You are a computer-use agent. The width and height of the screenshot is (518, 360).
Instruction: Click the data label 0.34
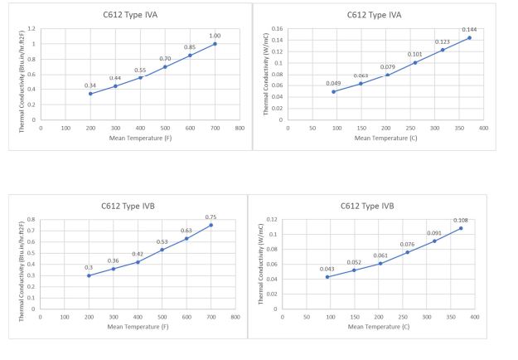pos(90,85)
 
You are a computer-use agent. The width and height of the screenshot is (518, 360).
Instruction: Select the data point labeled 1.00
pos(215,43)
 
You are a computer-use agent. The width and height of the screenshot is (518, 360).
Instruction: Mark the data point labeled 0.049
pos(334,91)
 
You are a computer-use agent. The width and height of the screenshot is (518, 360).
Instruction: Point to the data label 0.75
pos(211,217)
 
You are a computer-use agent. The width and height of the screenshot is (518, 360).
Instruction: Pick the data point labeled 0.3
pos(89,275)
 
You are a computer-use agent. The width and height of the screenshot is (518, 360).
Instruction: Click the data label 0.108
pos(461,221)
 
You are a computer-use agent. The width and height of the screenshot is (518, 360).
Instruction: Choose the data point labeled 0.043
pos(327,277)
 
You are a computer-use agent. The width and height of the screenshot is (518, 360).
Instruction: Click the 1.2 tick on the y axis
pos(31,28)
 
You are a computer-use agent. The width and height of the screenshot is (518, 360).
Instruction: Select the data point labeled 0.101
pos(415,62)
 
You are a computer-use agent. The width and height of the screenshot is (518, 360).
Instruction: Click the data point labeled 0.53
pos(162,250)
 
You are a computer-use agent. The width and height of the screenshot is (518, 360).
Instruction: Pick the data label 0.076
pos(407,245)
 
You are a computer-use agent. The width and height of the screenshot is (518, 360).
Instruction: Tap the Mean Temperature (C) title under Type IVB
pos(378,326)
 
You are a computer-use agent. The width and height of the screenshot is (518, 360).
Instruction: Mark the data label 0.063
pos(361,75)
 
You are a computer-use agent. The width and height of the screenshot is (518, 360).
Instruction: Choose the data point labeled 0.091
pos(434,241)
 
